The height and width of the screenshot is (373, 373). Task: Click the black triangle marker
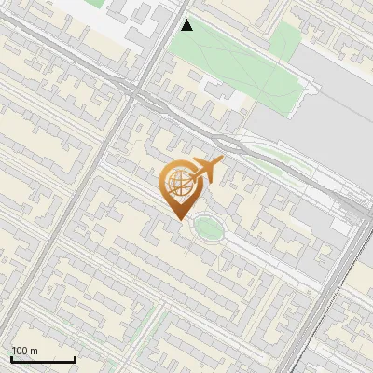pyautogui.click(x=187, y=25)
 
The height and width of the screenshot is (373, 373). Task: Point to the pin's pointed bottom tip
pyautogui.click(x=177, y=220)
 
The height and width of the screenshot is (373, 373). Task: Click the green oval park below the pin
pyautogui.click(x=208, y=227)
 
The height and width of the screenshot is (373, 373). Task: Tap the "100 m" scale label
pyautogui.click(x=24, y=351)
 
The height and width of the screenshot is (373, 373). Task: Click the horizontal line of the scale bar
pyautogui.click(x=43, y=359)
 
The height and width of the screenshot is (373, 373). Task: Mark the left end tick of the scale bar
pyautogui.click(x=11, y=357)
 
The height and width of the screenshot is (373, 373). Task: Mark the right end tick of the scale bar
pyautogui.click(x=75, y=357)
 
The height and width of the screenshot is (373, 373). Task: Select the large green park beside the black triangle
pyautogui.click(x=233, y=61)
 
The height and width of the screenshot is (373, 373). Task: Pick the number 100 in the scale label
pyautogui.click(x=20, y=351)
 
